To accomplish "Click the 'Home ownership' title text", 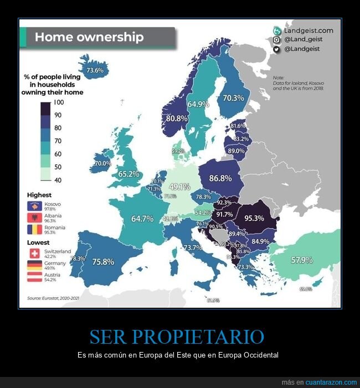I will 89,37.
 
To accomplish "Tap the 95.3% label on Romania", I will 261,218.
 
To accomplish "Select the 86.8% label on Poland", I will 220,178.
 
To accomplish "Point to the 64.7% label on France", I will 142,219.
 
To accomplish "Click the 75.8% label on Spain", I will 104,262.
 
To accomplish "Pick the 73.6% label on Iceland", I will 95,70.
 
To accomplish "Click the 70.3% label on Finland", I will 233,98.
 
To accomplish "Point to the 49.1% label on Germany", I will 179,187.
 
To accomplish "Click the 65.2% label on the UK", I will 128,174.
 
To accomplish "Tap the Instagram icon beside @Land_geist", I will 276,40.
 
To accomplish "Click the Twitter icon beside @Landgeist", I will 276,49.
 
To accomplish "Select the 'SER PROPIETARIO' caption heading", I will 177,337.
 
